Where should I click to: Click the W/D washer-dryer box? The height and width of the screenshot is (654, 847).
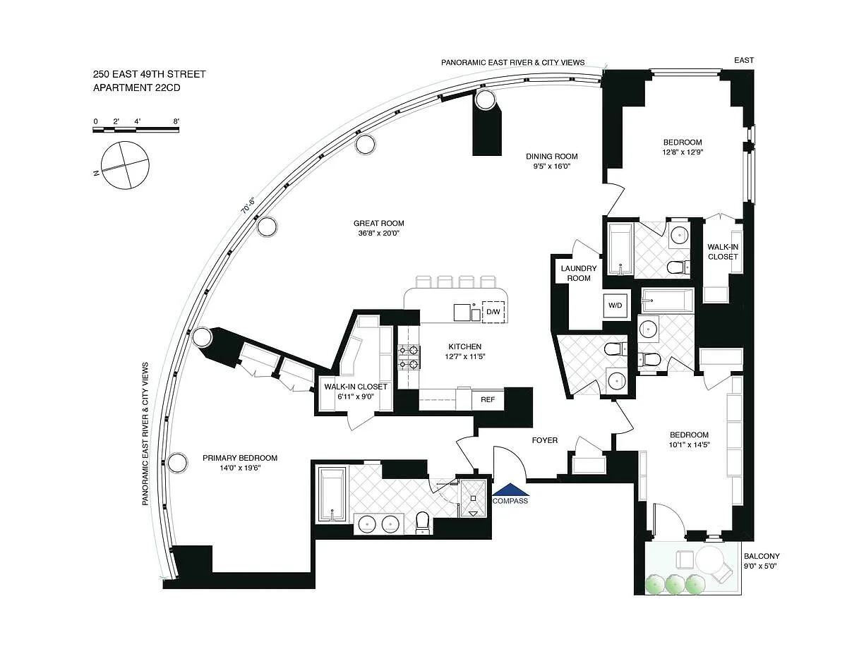[616, 305]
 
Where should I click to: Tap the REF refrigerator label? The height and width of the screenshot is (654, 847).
[488, 399]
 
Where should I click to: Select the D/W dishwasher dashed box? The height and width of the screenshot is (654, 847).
[493, 312]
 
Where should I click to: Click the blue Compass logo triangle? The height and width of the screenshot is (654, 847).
[510, 490]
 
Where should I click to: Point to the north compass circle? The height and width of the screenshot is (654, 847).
[125, 166]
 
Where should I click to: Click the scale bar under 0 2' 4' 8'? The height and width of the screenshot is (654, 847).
[136, 130]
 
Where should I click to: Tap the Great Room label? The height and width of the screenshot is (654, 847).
[378, 224]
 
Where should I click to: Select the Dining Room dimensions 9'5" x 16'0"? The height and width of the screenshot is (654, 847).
[551, 166]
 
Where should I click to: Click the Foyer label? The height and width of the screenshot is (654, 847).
[544, 440]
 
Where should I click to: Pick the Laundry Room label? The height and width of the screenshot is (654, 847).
[579, 273]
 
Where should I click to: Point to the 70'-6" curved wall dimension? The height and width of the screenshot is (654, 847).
[248, 206]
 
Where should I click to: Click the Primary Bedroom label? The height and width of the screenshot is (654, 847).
[240, 458]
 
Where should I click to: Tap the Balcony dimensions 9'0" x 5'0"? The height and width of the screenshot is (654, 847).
[760, 566]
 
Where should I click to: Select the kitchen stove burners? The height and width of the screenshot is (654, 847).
[408, 357]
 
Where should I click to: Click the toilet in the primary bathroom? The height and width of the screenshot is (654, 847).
[422, 522]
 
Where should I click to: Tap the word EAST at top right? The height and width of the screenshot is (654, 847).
[744, 60]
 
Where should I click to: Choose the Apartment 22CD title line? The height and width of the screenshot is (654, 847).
[137, 87]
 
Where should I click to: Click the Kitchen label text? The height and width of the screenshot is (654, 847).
[464, 346]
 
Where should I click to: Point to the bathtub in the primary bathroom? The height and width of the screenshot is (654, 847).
[332, 495]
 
